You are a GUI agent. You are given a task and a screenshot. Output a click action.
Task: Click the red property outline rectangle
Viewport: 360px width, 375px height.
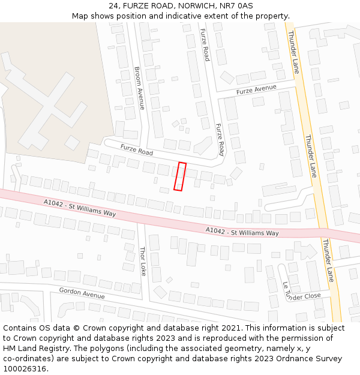(x=180, y=176)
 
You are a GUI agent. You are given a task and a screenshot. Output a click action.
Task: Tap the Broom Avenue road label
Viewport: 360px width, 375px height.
(x=139, y=88)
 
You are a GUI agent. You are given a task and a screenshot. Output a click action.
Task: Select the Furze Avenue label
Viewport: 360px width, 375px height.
(x=256, y=89)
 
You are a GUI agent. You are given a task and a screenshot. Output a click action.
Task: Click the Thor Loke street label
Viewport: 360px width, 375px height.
(x=143, y=257)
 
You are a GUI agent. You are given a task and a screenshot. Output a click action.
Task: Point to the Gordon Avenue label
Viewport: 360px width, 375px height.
(x=82, y=293)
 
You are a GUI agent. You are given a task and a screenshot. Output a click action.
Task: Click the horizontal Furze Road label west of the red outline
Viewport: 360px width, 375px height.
(x=137, y=149)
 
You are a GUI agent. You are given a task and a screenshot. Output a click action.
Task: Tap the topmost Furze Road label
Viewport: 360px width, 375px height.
(x=205, y=45)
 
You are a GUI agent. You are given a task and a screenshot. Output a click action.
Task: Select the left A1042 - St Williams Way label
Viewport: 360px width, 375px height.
(x=80, y=208)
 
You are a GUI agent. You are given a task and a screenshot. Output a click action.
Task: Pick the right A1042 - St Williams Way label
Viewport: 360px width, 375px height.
(x=242, y=232)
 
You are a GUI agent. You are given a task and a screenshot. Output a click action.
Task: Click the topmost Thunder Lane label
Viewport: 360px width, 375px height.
(x=293, y=52)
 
